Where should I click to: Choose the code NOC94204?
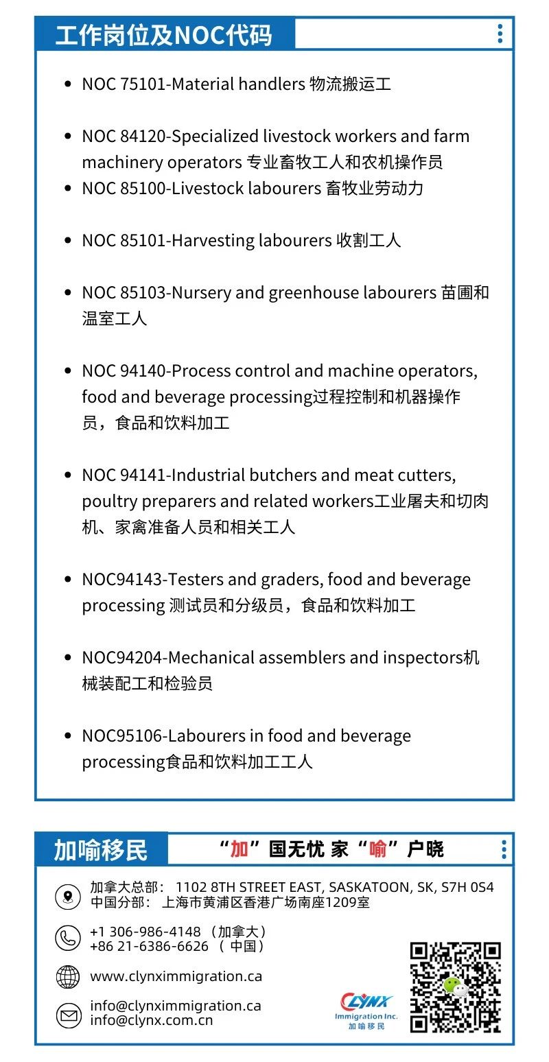tap(122, 658)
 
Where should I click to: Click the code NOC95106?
tap(122, 736)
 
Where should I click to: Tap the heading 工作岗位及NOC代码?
tap(164, 35)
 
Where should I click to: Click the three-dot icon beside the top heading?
tap(500, 34)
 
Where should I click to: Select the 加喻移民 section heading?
tap(101, 850)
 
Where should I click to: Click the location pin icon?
tap(68, 896)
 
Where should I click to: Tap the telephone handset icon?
tap(68, 938)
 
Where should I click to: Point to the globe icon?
tap(68, 976)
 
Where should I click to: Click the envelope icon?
tap(68, 1014)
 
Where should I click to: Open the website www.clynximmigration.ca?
tap(176, 976)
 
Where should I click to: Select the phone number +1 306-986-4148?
tap(145, 932)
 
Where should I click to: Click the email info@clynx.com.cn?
tap(151, 1020)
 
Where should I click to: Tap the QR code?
tap(455, 987)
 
